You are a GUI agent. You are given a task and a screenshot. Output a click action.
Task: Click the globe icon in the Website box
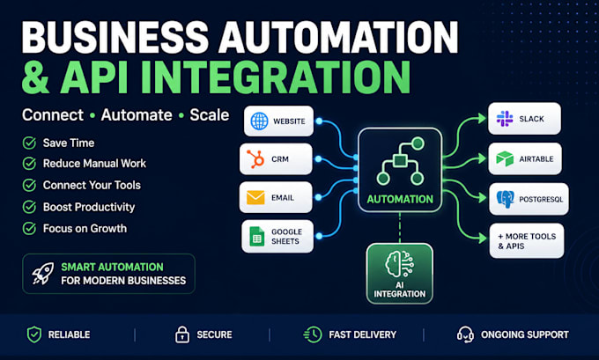coord(259,121)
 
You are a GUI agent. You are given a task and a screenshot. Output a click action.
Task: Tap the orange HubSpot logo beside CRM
coord(255,158)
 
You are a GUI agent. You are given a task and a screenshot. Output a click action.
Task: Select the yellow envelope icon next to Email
coord(255,197)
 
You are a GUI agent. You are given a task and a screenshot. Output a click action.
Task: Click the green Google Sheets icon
coord(256,236)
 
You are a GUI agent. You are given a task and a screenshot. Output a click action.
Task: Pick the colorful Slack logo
coord(505,118)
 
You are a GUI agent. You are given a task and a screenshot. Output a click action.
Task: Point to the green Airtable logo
coord(505,158)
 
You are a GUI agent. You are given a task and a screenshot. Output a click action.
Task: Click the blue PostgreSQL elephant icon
coord(505,199)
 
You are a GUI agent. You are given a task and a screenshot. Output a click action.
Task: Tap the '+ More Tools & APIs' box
coord(527,241)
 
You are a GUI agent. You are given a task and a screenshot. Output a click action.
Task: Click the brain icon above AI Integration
coord(399,264)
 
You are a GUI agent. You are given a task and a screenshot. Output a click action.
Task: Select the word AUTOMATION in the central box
coord(400,199)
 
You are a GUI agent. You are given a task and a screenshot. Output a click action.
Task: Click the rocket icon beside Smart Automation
coord(43,274)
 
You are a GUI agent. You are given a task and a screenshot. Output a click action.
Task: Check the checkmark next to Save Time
coord(29,143)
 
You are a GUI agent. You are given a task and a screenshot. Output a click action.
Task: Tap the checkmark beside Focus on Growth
coord(29,228)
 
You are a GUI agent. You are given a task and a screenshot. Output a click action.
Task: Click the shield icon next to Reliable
coord(34,334)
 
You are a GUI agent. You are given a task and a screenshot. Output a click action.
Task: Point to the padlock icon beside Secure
coord(182,334)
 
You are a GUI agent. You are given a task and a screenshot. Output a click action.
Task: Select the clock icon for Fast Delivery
coord(313,334)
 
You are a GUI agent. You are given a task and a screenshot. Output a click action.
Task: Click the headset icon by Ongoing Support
coord(465,334)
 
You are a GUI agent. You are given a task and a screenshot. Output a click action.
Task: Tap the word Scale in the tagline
coord(210,115)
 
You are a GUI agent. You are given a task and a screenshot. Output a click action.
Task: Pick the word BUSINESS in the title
coord(115,37)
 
